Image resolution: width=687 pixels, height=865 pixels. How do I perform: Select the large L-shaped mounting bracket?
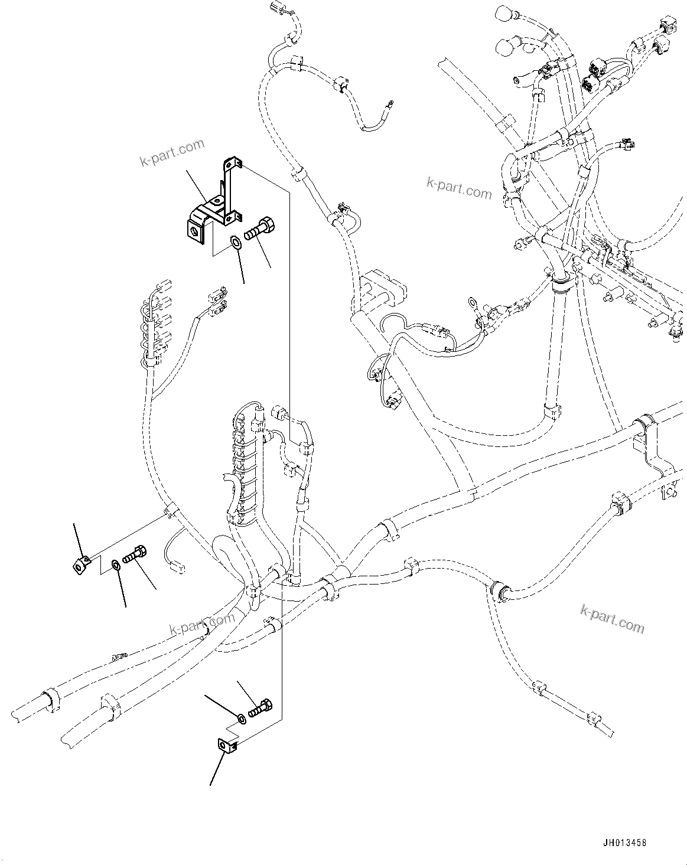click(216, 204)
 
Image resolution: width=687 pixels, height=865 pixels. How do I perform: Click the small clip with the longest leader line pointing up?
click(80, 565)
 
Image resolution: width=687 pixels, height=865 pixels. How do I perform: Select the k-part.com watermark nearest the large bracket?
click(172, 153)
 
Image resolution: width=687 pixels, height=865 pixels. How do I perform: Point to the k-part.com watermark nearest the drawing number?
click(612, 618)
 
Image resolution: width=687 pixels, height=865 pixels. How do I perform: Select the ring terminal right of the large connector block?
click(472, 303)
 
